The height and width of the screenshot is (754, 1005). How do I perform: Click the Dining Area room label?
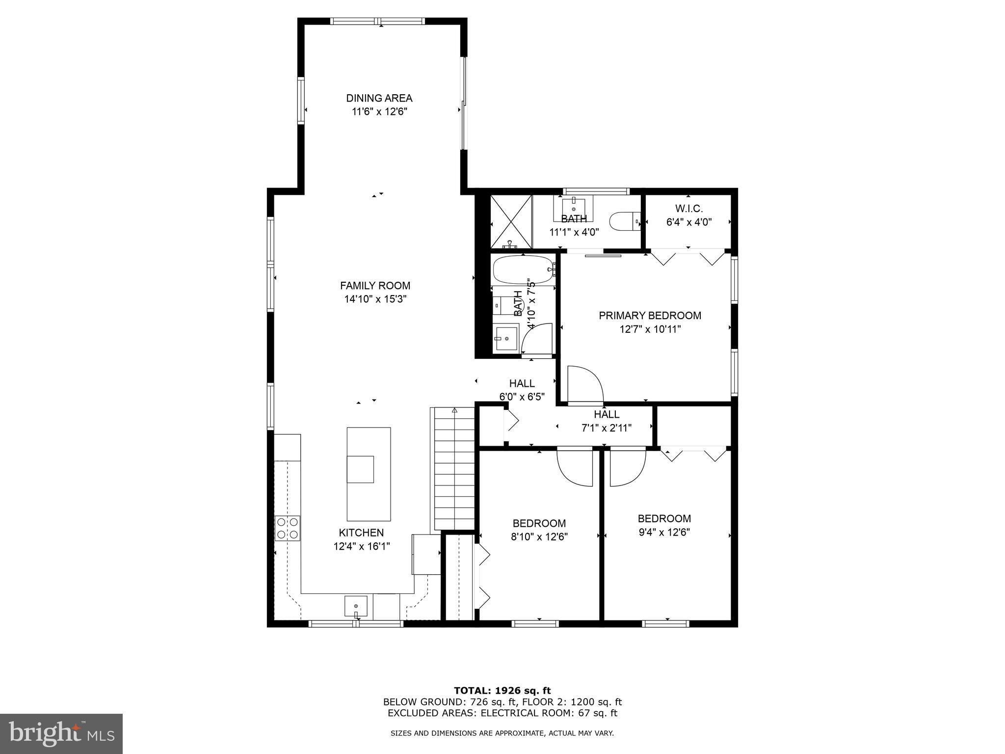tap(379, 98)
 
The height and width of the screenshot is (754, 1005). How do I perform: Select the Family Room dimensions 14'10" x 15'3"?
tap(375, 299)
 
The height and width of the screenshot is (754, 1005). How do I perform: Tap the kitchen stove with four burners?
tap(288, 528)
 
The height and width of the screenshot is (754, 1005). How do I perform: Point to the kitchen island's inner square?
tap(360, 469)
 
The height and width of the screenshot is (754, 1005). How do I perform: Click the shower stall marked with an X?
tap(511, 222)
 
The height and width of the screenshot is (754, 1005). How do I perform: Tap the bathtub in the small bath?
tap(523, 269)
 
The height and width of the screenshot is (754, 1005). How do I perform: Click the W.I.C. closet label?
tap(688, 209)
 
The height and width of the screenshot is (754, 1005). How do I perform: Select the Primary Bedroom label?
tap(650, 316)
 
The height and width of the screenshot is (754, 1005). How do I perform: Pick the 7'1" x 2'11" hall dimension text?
tap(606, 428)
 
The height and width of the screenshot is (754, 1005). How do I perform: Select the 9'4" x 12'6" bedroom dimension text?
tap(664, 532)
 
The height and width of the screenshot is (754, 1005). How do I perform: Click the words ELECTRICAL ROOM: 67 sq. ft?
tap(548, 713)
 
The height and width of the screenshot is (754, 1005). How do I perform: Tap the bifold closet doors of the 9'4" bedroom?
tap(693, 454)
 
